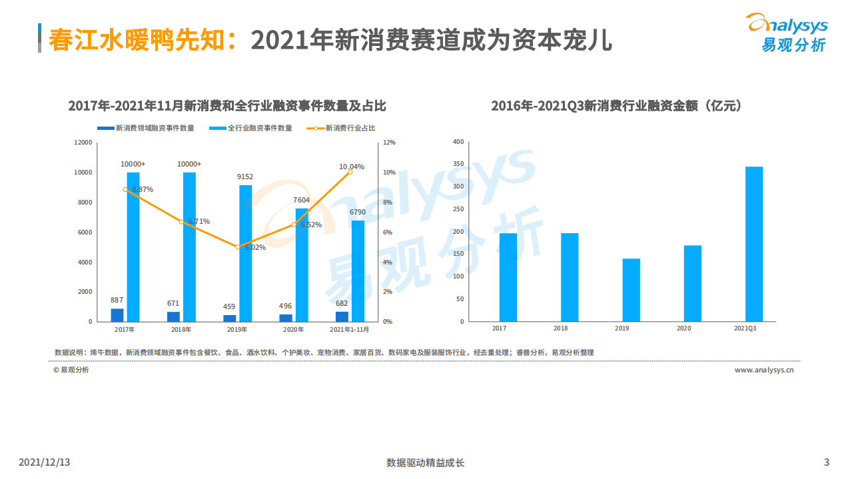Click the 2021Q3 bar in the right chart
pos(753,244)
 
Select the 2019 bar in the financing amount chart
pos(631,290)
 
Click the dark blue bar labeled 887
pos(117,314)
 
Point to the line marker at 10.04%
pos(350,172)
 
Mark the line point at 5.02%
pos(238,246)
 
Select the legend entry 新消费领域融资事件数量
pos(146,129)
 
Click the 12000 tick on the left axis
pos(83,143)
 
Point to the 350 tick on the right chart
pos(458,164)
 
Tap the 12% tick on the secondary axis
pos(389,143)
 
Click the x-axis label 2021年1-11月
pos(350,329)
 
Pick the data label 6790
pos(358,213)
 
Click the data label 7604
pos(302,200)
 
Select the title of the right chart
pos(616,106)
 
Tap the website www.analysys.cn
pos(764,370)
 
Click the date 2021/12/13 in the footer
pos(44,462)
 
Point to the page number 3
pos(827,462)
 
